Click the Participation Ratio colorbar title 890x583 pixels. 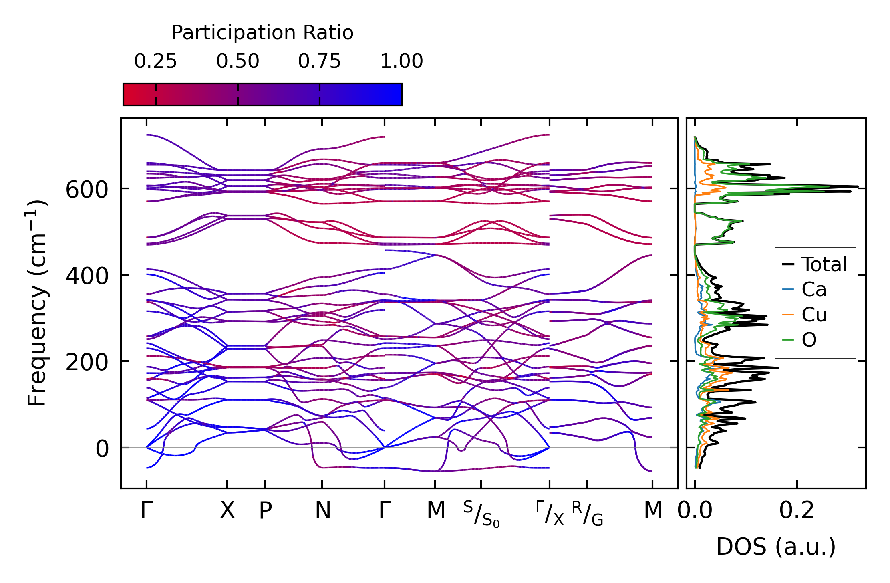tap(262, 33)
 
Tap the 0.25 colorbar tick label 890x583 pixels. tap(155, 62)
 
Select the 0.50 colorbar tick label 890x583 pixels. tap(238, 62)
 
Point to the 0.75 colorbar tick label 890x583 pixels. tap(319, 62)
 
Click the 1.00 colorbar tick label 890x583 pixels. tap(401, 62)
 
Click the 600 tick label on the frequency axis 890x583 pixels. tap(87, 190)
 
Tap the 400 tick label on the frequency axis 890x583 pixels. tap(87, 276)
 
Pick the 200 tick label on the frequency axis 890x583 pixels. tap(87, 363)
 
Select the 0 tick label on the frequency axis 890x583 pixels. tap(102, 449)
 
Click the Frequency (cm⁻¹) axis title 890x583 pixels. tap(37, 303)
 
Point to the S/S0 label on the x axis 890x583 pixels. tap(481, 514)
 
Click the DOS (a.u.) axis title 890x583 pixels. tap(776, 547)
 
